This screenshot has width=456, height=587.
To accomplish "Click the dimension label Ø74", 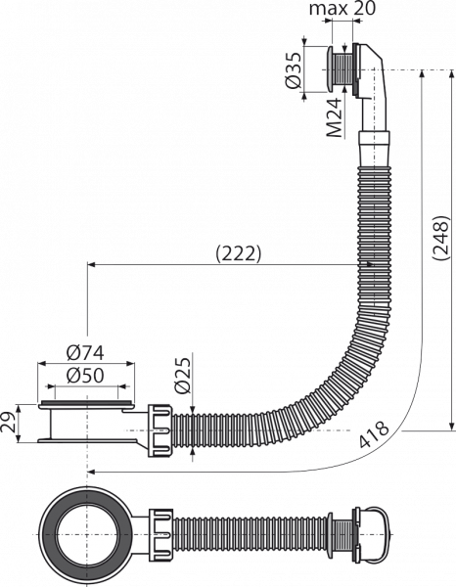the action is pyautogui.click(x=85, y=353).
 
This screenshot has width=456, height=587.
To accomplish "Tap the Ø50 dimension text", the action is pyautogui.click(x=85, y=376).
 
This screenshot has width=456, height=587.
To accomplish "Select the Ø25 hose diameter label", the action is pyautogui.click(x=182, y=375).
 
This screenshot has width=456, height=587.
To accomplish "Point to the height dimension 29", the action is pyautogui.click(x=9, y=423).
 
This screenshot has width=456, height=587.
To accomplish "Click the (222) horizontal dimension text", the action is pyautogui.click(x=238, y=254).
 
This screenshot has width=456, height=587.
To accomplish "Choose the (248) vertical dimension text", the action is pyautogui.click(x=440, y=238).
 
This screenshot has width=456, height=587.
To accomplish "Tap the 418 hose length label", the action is pyautogui.click(x=375, y=434).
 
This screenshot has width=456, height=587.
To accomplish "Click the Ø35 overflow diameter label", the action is pyautogui.click(x=293, y=70).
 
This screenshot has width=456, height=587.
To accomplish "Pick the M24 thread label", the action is pyautogui.click(x=334, y=117).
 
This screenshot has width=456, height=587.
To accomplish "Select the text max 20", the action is pyautogui.click(x=342, y=9).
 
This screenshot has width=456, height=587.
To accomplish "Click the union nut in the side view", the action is pyautogui.click(x=161, y=430).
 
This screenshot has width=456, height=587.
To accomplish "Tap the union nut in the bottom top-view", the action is pyautogui.click(x=161, y=534).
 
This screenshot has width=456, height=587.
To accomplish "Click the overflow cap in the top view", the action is pyautogui.click(x=372, y=534).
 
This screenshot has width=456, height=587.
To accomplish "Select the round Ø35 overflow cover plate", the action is pyautogui.click(x=331, y=70).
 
